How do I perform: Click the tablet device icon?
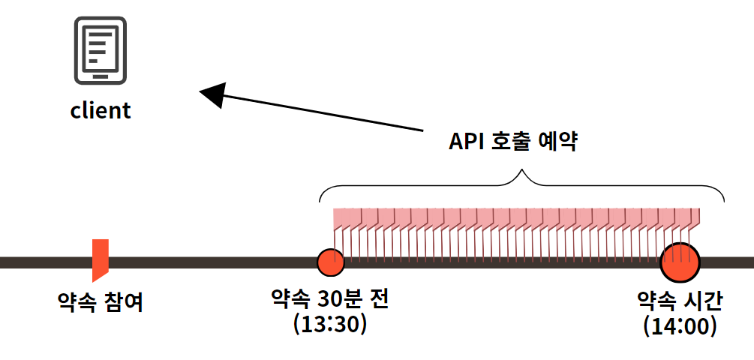coord(100,49)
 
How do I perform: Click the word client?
coord(101,111)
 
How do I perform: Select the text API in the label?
coord(465,142)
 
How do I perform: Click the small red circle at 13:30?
coord(330,262)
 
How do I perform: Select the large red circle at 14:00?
coord(680,262)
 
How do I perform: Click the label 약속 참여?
coord(101,302)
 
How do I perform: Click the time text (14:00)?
coord(680,326)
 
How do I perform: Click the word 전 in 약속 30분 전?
coord(379,300)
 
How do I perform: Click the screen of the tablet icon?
coord(100,46)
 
